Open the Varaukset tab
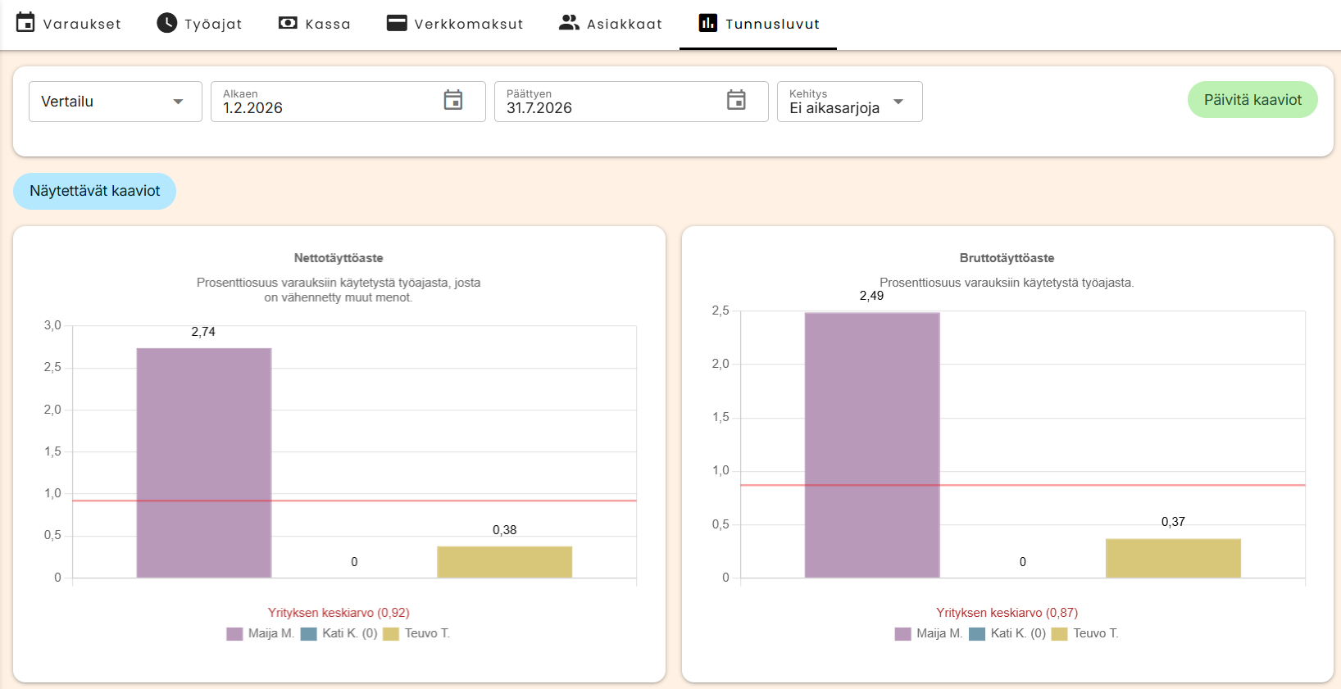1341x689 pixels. [x=68, y=24]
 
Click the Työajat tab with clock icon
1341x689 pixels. [x=199, y=24]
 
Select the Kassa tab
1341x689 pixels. [x=315, y=24]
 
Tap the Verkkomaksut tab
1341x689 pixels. [x=455, y=24]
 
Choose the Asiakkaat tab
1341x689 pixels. [x=611, y=24]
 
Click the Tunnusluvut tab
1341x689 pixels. [x=758, y=24]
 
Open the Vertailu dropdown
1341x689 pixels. [x=116, y=102]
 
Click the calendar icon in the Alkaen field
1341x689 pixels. [x=453, y=100]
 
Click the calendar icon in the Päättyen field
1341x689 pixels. [x=736, y=100]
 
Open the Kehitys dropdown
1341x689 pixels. [x=849, y=102]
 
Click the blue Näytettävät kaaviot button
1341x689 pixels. [x=94, y=191]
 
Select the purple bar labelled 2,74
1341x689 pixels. [x=204, y=463]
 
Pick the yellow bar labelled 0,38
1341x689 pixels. [x=505, y=562]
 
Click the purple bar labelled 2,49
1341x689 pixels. [x=872, y=446]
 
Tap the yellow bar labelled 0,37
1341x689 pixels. [x=1174, y=559]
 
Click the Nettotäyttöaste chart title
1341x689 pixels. [x=339, y=258]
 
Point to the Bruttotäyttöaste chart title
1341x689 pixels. [x=1007, y=258]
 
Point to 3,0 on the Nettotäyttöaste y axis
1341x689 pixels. [x=52, y=325]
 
